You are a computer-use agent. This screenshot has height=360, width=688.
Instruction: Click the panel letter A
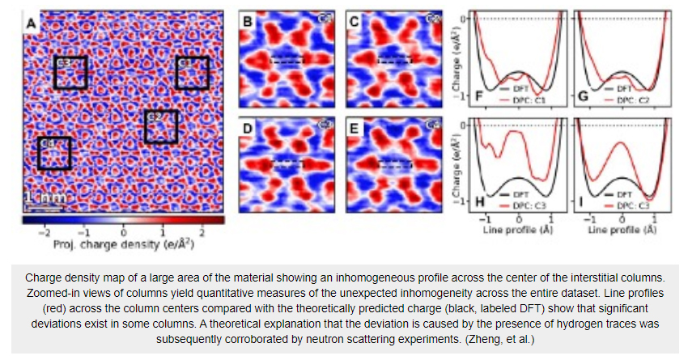32,23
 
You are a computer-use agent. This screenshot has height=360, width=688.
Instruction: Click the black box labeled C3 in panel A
70,72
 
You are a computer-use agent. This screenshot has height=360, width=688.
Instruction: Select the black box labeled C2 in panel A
160,125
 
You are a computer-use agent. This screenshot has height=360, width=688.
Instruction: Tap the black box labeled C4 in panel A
54,153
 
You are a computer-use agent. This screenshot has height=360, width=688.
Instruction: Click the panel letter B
248,22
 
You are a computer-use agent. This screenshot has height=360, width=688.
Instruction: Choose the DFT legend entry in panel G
619,87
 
